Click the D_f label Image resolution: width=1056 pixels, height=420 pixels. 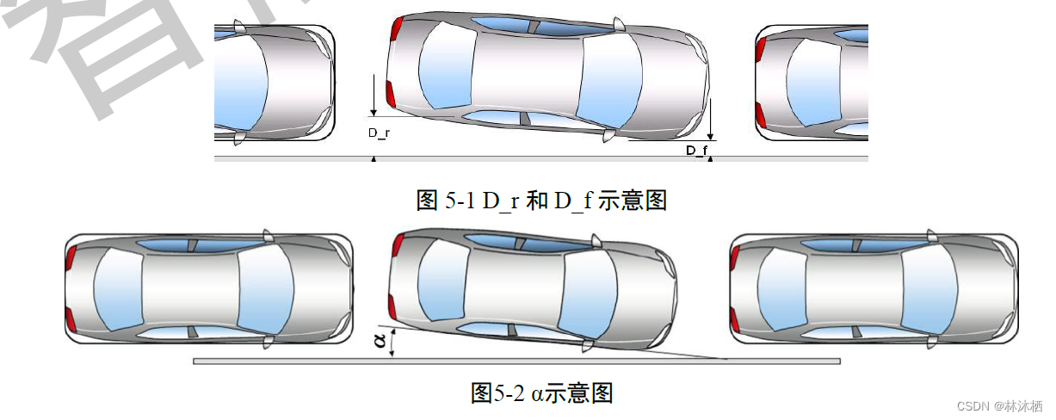[696, 151]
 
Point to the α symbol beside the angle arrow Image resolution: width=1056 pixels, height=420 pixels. [380, 343]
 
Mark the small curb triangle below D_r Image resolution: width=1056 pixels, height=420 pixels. [373, 159]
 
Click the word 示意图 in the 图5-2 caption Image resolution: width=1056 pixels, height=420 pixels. [581, 393]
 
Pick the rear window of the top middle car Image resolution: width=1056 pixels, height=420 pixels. [444, 66]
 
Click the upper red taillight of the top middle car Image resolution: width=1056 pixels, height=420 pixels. [395, 28]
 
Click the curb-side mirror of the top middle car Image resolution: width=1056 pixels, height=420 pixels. [609, 136]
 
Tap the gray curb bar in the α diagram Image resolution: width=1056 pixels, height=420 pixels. [516, 361]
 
